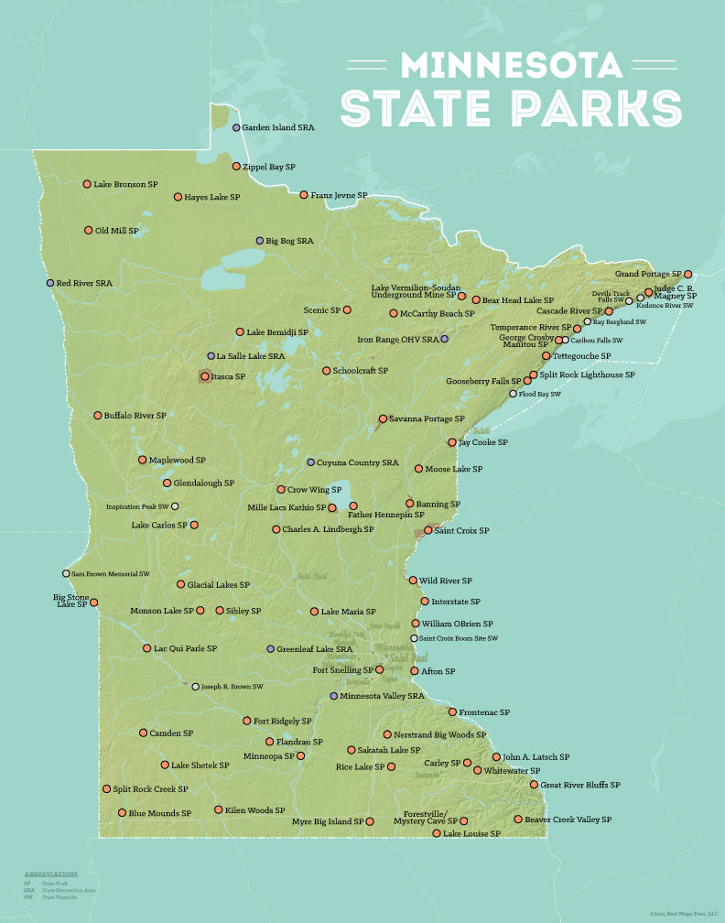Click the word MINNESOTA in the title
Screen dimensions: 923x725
pyautogui.click(x=512, y=65)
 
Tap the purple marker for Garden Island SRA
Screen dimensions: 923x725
pyautogui.click(x=236, y=128)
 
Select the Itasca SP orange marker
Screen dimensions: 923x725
pyautogui.click(x=205, y=376)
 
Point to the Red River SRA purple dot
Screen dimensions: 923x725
pyautogui.click(x=50, y=284)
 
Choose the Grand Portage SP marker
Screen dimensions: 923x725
pyautogui.click(x=687, y=275)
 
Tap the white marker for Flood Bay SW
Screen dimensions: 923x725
pyautogui.click(x=513, y=394)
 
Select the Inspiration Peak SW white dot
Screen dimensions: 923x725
pyautogui.click(x=175, y=506)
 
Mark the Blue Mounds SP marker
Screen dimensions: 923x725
pyautogui.click(x=122, y=813)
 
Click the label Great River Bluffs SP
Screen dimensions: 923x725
pyautogui.click(x=580, y=785)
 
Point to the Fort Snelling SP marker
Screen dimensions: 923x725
pyautogui.click(x=380, y=670)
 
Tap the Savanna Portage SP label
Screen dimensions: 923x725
pyautogui.click(x=427, y=418)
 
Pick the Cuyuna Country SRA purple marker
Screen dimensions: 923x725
pyautogui.click(x=310, y=463)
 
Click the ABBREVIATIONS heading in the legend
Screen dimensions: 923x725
pyautogui.click(x=51, y=874)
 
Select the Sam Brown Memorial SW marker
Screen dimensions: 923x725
pyautogui.click(x=66, y=574)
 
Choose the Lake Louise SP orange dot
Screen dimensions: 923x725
pyautogui.click(x=437, y=834)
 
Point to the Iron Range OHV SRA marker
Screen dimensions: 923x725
pyautogui.click(x=444, y=339)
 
